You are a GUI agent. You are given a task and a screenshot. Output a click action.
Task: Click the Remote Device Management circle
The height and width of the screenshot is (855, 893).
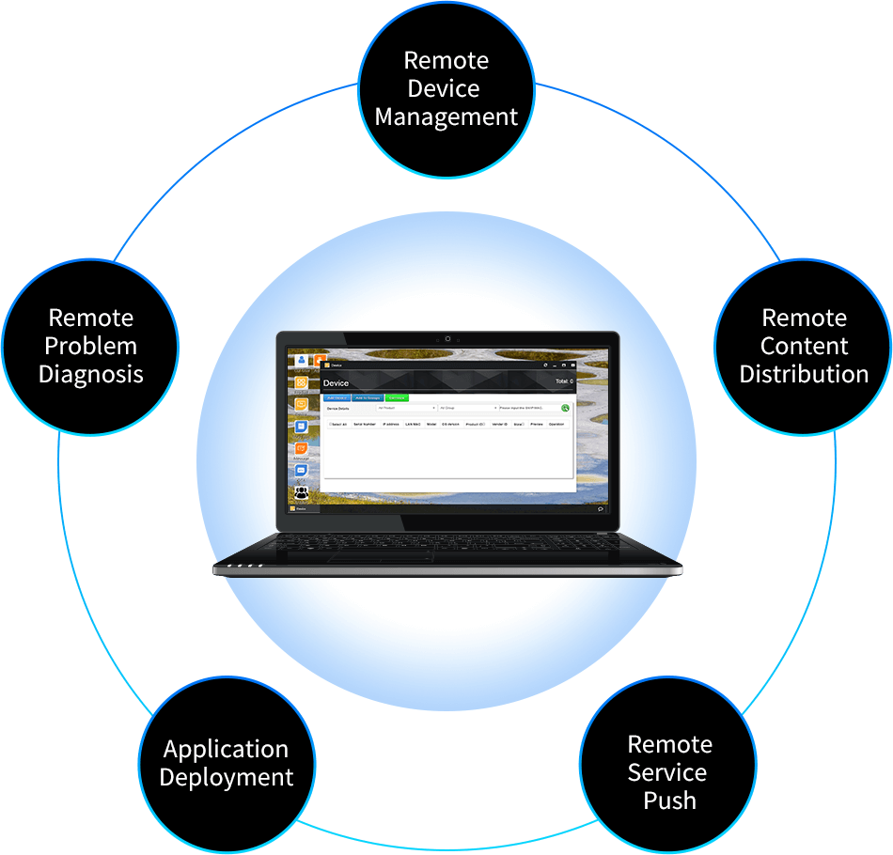click(x=446, y=88)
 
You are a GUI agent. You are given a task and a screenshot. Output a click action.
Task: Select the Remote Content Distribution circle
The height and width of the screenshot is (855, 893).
click(x=804, y=346)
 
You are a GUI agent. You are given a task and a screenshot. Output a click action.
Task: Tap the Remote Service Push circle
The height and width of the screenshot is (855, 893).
click(x=669, y=772)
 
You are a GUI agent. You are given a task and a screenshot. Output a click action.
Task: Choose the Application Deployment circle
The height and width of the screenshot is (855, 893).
click(x=226, y=763)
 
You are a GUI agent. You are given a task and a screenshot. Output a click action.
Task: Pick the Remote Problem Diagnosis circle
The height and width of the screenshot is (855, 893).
click(x=90, y=346)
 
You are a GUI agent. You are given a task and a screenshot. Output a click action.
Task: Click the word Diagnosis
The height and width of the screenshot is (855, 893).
click(x=90, y=374)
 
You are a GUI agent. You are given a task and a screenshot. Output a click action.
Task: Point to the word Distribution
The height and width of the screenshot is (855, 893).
click(x=804, y=374)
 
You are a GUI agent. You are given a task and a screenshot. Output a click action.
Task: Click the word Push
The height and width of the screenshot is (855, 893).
click(x=669, y=801)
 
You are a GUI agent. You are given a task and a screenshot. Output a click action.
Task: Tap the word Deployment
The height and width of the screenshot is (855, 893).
click(x=226, y=778)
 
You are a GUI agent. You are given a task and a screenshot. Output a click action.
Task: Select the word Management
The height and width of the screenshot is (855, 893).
click(x=446, y=117)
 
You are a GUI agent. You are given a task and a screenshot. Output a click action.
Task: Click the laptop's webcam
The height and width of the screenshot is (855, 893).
click(x=447, y=338)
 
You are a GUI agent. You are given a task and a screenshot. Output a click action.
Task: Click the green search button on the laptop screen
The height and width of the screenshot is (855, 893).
click(x=565, y=409)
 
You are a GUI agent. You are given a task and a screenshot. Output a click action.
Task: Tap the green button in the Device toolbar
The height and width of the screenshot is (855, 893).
click(x=398, y=398)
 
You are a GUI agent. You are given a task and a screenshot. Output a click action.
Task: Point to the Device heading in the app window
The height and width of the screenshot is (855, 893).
click(x=336, y=383)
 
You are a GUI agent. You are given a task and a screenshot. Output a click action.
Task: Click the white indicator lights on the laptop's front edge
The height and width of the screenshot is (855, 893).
click(x=241, y=567)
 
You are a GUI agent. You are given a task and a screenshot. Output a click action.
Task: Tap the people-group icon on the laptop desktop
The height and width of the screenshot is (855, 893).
click(x=301, y=490)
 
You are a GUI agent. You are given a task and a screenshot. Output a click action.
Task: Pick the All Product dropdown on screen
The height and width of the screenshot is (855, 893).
click(x=406, y=409)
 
